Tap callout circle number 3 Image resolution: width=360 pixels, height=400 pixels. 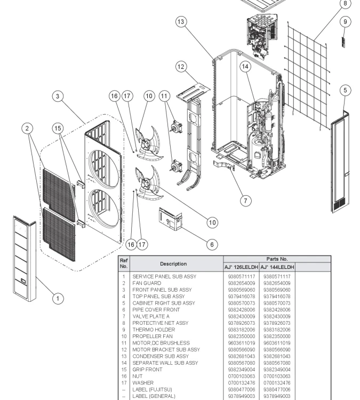point(58,97)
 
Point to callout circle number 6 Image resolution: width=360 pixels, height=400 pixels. point(212,244)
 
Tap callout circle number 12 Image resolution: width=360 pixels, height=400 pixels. point(181,67)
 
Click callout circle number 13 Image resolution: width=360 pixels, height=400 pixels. point(181,22)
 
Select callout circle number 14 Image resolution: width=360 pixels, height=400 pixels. point(245,67)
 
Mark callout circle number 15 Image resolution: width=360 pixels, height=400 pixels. point(58,128)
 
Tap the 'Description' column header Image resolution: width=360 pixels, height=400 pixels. point(173,263)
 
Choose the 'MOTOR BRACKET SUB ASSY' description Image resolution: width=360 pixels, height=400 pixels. point(166,349)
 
